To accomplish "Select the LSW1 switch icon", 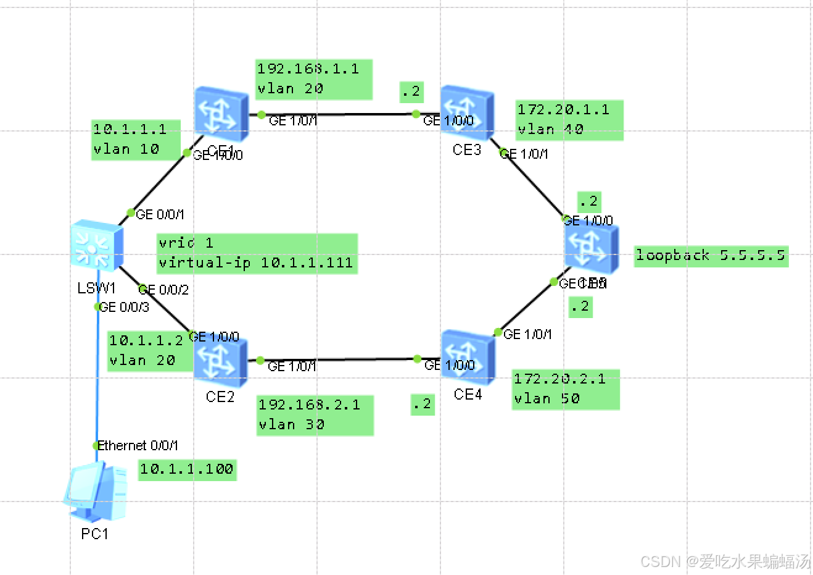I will tap(97, 246).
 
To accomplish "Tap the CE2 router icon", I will tap(220, 361).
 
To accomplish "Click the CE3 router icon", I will tap(467, 113).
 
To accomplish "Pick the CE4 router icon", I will tap(468, 357).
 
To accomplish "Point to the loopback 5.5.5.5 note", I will tap(711, 255).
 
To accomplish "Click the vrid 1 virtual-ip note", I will tap(257, 253).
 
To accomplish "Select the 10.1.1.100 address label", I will tap(186, 469).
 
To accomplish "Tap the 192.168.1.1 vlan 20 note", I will tap(313, 79).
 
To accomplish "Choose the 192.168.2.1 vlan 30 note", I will tap(315, 415).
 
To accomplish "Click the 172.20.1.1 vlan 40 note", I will tap(569, 120).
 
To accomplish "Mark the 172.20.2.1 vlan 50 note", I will tap(565, 389).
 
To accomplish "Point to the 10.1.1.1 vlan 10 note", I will tap(135, 140).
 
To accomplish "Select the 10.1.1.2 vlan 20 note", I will tap(149, 351).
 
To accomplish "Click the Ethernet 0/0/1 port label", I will tap(138, 445).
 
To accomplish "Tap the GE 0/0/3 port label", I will tap(125, 307).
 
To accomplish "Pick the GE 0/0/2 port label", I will tap(164, 290).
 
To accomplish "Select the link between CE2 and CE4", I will tap(338, 359).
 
